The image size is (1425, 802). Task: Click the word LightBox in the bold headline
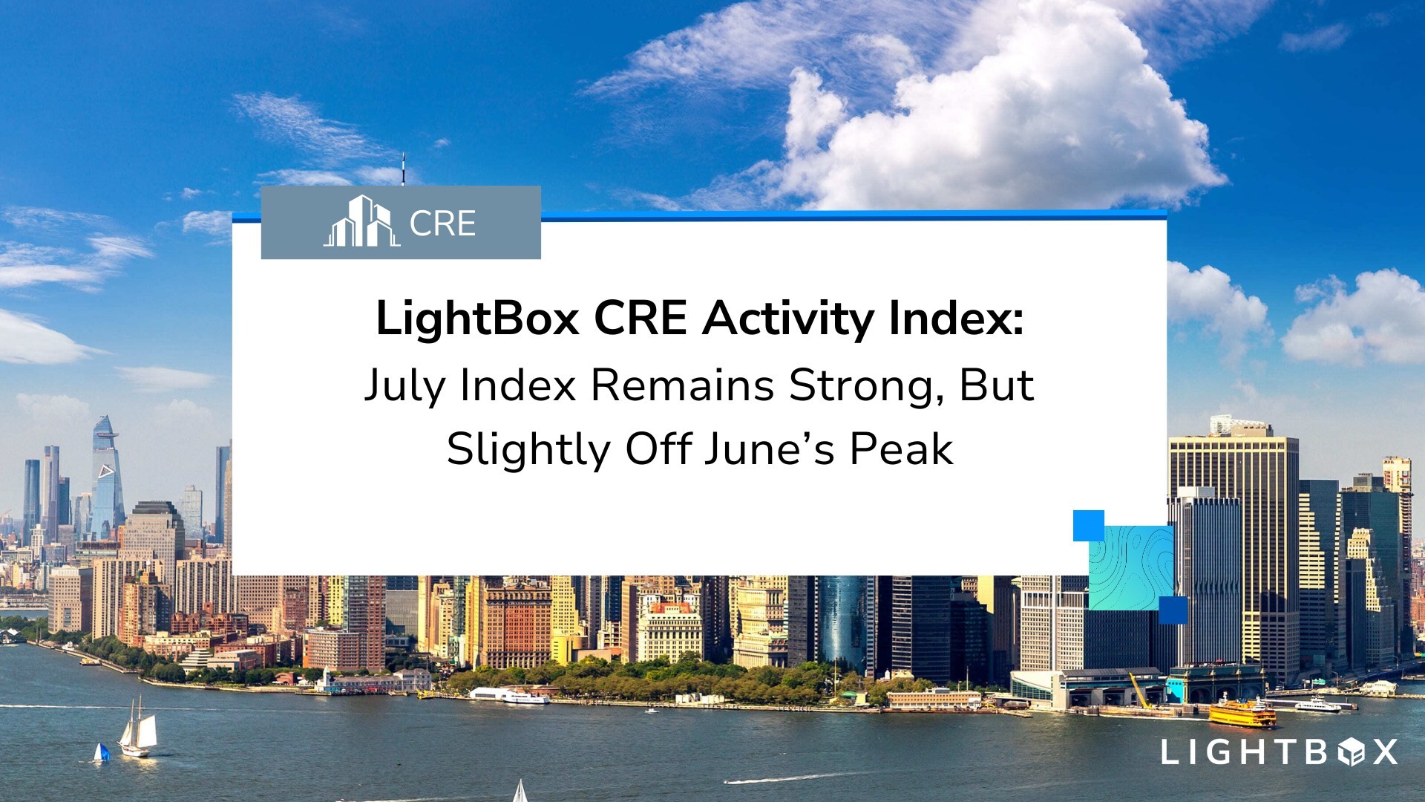[x=477, y=319]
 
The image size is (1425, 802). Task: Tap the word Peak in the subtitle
[x=901, y=449]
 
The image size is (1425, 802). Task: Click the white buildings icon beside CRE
[x=361, y=221]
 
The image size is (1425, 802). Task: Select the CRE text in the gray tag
[x=442, y=224]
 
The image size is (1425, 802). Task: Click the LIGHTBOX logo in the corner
[x=1280, y=752]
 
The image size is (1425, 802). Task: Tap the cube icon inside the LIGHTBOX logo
[x=1350, y=752]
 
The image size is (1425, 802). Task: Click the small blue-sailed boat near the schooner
[x=102, y=752]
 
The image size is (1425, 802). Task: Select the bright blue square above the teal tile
[x=1089, y=526]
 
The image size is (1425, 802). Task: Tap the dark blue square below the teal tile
[x=1173, y=610]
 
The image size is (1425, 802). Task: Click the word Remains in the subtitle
[x=682, y=386]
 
